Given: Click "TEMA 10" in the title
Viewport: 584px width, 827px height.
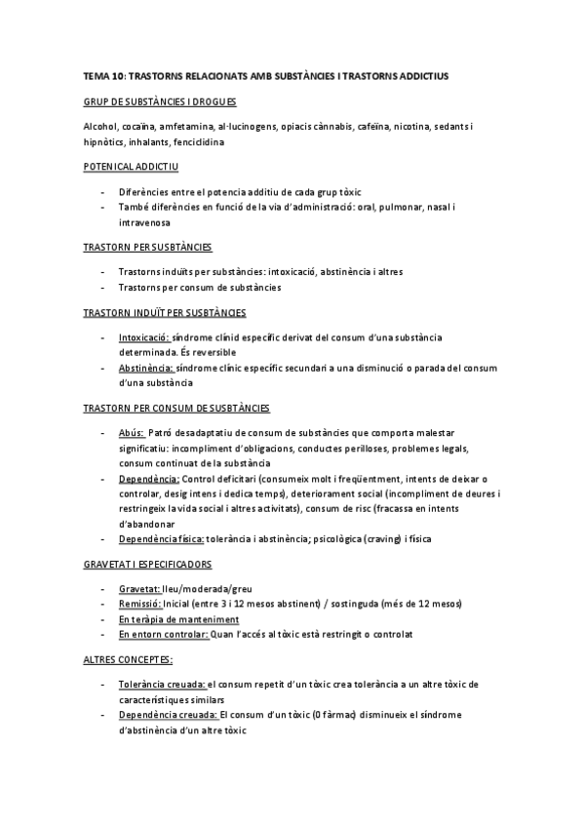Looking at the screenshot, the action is (103, 74).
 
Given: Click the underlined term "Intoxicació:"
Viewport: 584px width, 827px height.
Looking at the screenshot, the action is (143, 336).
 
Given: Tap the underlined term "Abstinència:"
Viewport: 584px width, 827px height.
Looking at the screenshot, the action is (146, 368).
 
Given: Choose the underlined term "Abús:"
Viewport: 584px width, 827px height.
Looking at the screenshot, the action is (133, 432).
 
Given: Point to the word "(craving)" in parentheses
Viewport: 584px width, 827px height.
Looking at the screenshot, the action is (371, 538).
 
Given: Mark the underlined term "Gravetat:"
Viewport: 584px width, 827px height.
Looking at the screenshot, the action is (139, 589).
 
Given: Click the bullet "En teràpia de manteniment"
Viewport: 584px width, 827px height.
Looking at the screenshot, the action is (178, 619).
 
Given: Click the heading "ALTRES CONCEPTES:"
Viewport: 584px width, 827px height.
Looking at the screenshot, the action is (129, 660).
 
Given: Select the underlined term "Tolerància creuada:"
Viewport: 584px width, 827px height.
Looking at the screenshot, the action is (162, 685).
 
